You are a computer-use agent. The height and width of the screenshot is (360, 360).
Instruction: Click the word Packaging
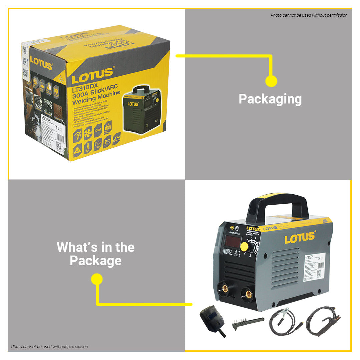(x=270, y=99)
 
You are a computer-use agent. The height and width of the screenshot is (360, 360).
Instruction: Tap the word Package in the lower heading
(x=96, y=261)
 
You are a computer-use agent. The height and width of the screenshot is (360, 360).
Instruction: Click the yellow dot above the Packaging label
(x=271, y=81)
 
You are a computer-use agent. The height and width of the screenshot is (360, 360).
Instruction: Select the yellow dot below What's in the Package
(x=97, y=279)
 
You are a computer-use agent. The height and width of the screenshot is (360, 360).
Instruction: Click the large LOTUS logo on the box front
(x=93, y=76)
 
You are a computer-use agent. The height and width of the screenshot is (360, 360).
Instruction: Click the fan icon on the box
(x=88, y=133)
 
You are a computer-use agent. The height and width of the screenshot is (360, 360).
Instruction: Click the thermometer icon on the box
(x=88, y=147)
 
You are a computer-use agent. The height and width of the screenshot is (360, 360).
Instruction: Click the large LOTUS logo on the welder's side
(x=300, y=237)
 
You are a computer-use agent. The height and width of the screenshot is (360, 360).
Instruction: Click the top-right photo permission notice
(x=309, y=15)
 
